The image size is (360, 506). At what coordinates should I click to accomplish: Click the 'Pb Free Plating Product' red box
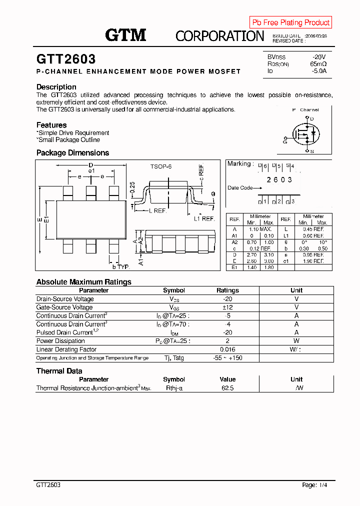[290, 22]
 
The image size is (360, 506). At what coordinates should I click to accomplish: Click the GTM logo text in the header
[125, 35]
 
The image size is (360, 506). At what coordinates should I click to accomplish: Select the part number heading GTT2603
[66, 59]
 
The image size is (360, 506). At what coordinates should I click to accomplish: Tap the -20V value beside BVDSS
[319, 57]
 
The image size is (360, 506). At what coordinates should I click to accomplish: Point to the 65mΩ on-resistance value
[318, 64]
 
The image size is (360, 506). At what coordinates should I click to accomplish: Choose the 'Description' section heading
[56, 87]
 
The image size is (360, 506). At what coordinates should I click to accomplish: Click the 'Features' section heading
[51, 125]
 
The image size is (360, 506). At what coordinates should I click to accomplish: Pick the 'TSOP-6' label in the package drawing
[161, 166]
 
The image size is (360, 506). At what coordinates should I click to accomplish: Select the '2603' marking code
[279, 179]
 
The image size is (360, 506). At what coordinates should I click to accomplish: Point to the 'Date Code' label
[240, 188]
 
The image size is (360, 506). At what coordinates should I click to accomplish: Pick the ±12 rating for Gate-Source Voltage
[227, 307]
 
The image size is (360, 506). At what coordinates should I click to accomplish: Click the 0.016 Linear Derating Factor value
[227, 349]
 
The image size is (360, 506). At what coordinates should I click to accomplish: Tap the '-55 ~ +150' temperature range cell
[227, 358]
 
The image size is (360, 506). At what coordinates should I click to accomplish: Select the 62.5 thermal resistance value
[227, 388]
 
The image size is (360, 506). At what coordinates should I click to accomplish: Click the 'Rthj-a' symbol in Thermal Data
[174, 388]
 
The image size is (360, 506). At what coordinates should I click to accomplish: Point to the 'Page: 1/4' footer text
[315, 485]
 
